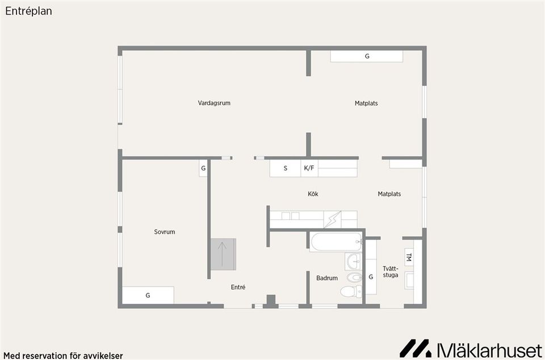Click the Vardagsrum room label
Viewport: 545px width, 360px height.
pos(214,103)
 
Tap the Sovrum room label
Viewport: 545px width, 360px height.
pos(165,232)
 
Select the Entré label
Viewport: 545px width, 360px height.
pos(238,287)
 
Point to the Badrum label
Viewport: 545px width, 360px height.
pos(327,278)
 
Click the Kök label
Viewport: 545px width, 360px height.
pos(313,194)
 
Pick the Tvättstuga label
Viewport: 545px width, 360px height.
pos(391,271)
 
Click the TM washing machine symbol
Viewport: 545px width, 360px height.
pos(409,257)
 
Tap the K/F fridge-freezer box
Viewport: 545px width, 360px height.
pos(309,168)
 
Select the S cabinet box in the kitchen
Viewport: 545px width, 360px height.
pos(285,168)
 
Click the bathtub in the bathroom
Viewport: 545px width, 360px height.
pos(336,242)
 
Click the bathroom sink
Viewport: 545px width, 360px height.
pos(353,262)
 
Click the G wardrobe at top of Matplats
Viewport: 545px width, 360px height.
pos(367,56)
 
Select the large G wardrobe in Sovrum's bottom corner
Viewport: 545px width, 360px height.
pos(148,295)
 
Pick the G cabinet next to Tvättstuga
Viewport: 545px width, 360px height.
pos(371,277)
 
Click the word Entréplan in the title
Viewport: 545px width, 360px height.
pos(28,11)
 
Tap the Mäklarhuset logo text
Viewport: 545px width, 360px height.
pos(488,348)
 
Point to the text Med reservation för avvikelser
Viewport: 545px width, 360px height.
pos(62,355)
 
